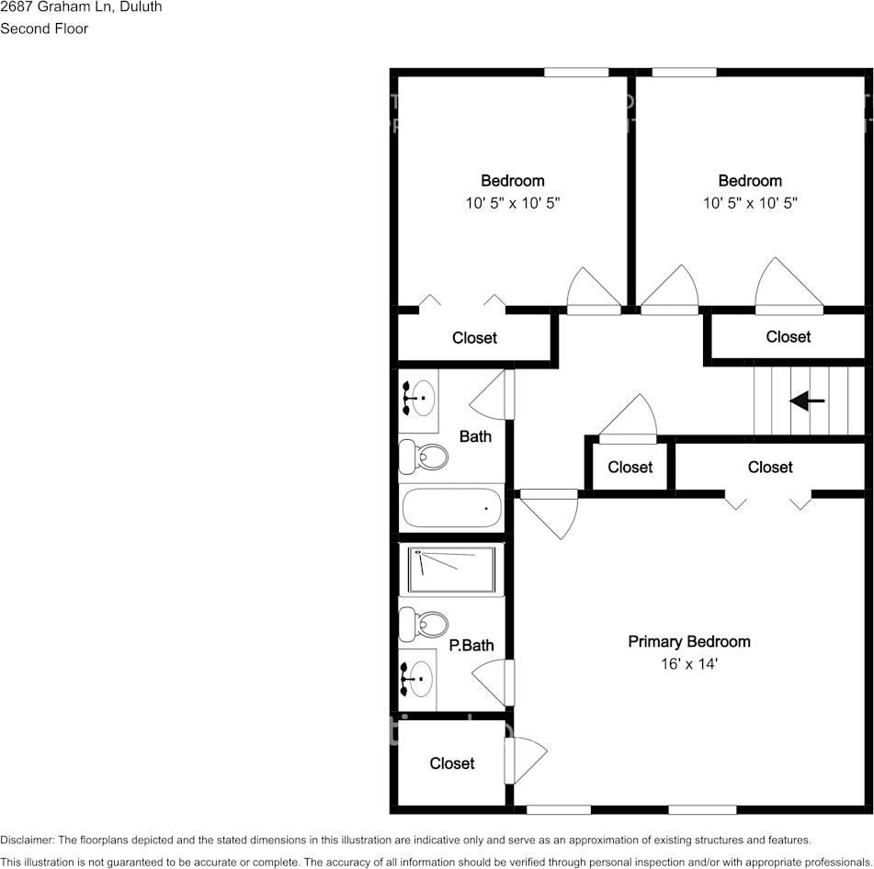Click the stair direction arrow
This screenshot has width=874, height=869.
click(807, 401)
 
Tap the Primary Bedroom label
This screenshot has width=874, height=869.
click(688, 641)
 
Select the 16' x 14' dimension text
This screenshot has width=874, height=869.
click(688, 662)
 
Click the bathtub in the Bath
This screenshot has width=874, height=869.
click(452, 506)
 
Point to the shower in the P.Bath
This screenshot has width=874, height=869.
click(451, 570)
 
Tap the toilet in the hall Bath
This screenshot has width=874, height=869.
click(423, 456)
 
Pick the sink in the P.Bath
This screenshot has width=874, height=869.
click(418, 679)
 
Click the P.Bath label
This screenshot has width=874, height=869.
click(471, 646)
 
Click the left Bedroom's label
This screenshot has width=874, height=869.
click(512, 181)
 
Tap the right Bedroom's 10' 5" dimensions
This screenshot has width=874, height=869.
click(750, 203)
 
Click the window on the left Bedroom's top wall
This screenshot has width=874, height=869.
click(575, 73)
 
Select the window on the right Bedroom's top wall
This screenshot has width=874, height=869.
click(684, 73)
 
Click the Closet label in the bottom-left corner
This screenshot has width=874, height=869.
click(451, 763)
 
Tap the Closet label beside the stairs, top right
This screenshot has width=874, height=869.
click(788, 337)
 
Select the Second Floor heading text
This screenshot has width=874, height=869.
click(44, 28)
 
